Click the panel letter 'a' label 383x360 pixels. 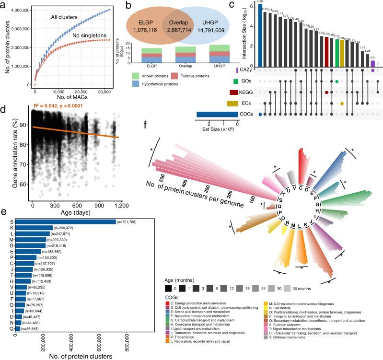click(x=4, y=5)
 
